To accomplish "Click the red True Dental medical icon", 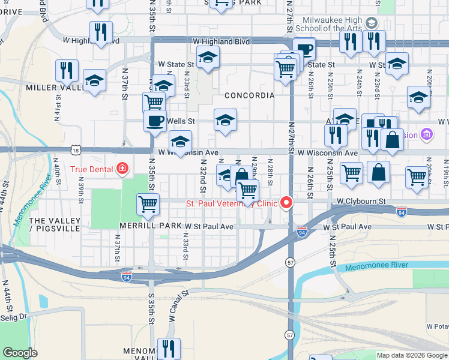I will (x=122, y=169).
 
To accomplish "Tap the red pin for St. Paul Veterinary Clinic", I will (x=287, y=203).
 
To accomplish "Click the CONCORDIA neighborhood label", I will (x=249, y=95).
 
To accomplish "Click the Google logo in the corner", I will (x=20, y=353).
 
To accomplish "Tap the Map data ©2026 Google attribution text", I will (x=412, y=355).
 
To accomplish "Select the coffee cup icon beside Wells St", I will (x=155, y=121).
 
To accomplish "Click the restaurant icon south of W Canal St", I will (x=169, y=349).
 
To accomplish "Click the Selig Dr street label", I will (x=13, y=317).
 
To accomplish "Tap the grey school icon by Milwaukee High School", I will (x=372, y=23).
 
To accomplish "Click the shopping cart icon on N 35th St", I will (x=148, y=204).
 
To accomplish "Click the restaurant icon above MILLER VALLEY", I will (x=67, y=70).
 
